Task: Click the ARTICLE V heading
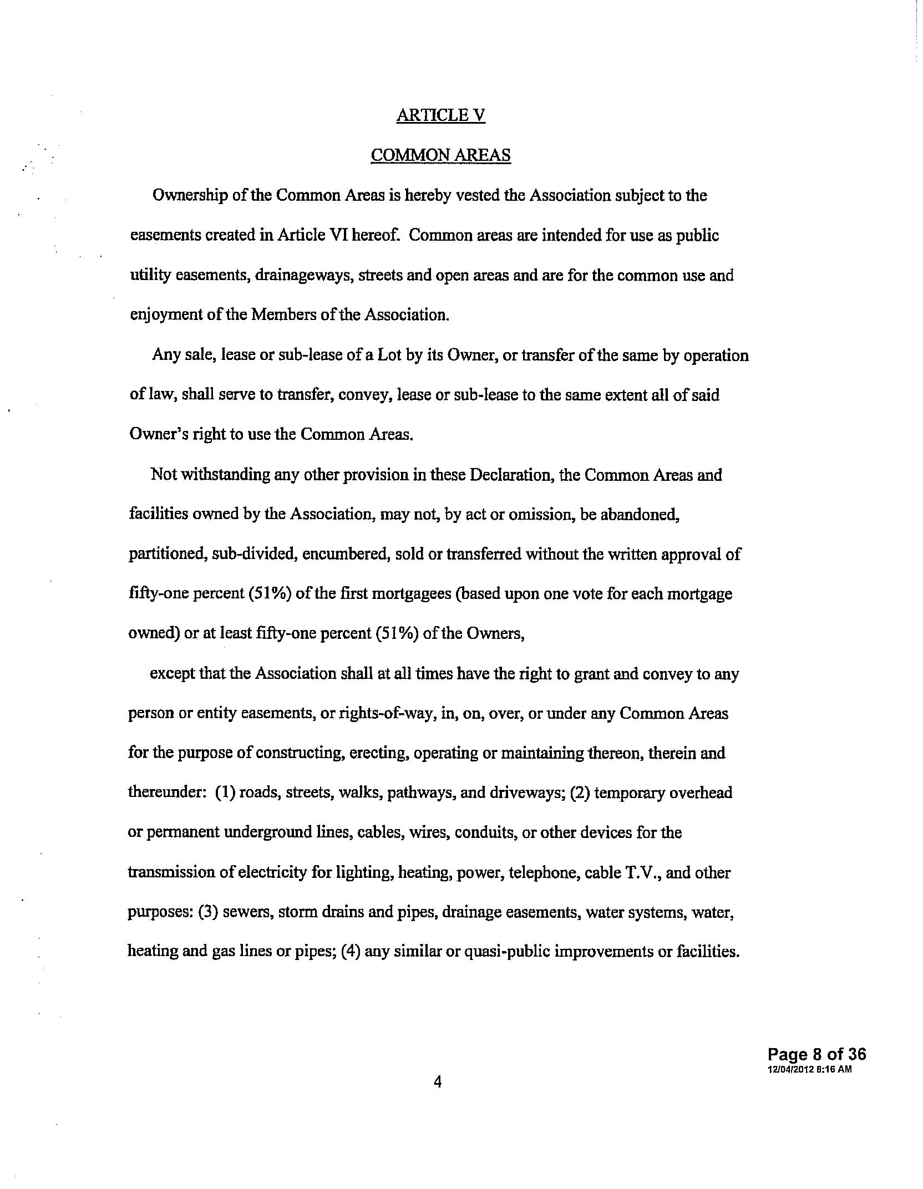pyautogui.click(x=441, y=115)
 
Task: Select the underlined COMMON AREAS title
pyautogui.click(x=440, y=155)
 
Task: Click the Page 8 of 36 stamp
pyautogui.click(x=816, y=1055)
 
